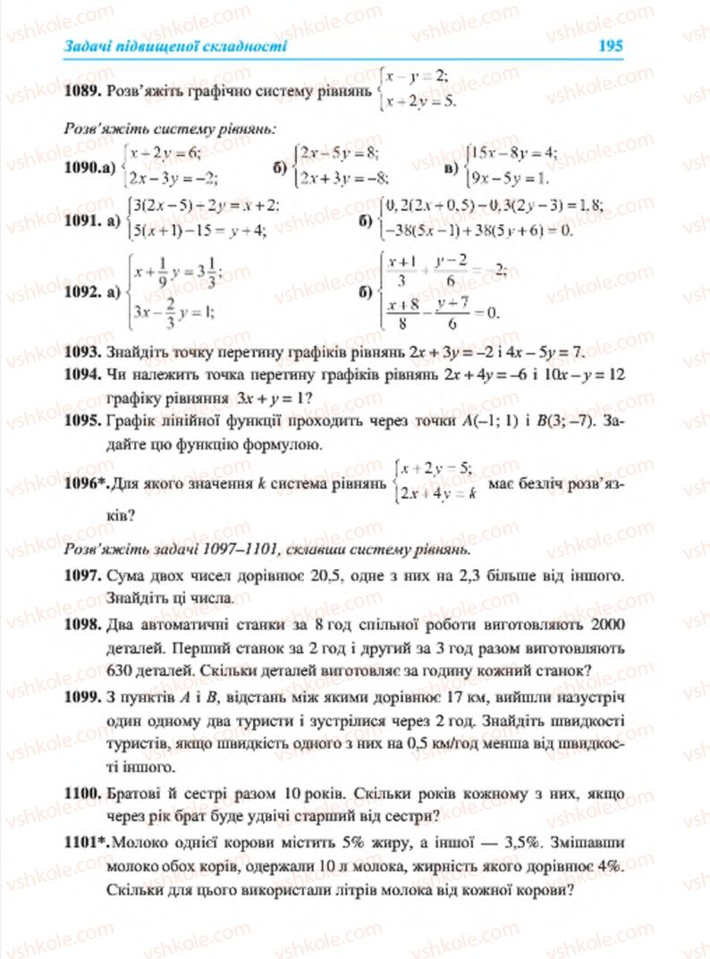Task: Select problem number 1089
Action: [81, 90]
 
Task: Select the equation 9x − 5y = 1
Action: [507, 174]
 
